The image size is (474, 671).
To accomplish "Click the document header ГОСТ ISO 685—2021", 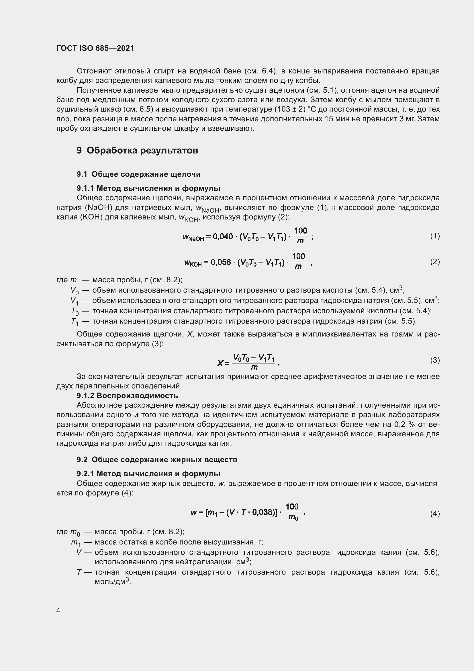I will click(x=95, y=48).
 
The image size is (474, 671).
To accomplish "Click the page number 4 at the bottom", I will click(x=58, y=610).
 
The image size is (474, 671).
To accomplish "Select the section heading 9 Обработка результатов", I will click(x=137, y=151).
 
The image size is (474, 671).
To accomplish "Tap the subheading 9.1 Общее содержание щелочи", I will click(x=139, y=174).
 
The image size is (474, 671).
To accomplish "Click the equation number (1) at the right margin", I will click(x=435, y=236).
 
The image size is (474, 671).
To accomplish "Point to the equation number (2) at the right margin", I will click(x=435, y=262).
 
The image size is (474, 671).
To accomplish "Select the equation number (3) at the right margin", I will click(x=435, y=360).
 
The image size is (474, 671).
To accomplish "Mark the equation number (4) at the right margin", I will click(x=435, y=514).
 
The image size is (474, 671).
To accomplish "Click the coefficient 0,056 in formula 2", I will click(x=221, y=262).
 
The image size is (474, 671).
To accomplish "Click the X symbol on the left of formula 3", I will click(x=220, y=363).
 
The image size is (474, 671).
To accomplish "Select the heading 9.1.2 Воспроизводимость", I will click(x=127, y=396).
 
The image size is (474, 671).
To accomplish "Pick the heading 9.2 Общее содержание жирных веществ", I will click(x=157, y=460).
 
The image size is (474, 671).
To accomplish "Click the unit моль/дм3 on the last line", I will click(x=112, y=581).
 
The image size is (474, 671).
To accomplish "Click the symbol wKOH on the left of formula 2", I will click(x=193, y=263).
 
